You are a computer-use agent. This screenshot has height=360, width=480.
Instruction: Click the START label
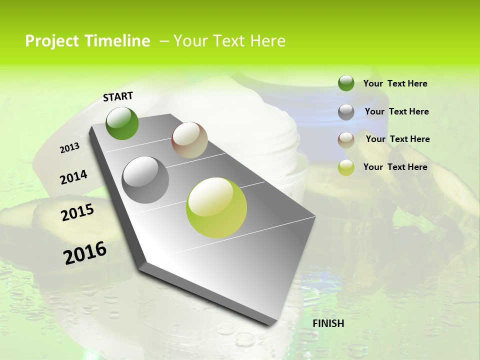pyautogui.click(x=118, y=96)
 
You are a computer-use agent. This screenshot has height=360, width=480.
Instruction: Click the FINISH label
pyautogui.click(x=328, y=323)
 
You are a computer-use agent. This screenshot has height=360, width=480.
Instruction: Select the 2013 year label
pyautogui.click(x=69, y=147)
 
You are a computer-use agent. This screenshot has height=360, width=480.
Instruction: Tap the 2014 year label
pyautogui.click(x=73, y=177)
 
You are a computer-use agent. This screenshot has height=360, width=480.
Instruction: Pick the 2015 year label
pyautogui.click(x=77, y=212)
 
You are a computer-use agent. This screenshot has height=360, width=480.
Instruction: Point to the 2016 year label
pyautogui.click(x=85, y=252)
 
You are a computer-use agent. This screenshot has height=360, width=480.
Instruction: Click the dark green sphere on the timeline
pyautogui.click(x=122, y=123)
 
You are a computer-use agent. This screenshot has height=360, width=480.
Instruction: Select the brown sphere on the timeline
pyautogui.click(x=189, y=140)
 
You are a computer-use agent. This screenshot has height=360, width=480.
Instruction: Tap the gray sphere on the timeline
pyautogui.click(x=145, y=180)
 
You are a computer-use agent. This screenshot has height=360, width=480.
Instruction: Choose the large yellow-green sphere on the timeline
pyautogui.click(x=216, y=207)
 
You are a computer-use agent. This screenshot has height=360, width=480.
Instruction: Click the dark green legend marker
pyautogui.click(x=346, y=83)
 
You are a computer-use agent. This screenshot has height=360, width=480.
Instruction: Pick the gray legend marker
pyautogui.click(x=346, y=111)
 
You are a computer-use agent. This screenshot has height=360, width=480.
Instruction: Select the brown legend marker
pyautogui.click(x=346, y=139)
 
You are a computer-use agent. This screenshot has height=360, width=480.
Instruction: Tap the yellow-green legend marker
pyautogui.click(x=346, y=167)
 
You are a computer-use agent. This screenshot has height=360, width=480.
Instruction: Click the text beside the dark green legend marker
pyautogui.click(x=395, y=83)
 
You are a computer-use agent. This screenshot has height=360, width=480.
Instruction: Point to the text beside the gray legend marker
pyautogui.click(x=396, y=111)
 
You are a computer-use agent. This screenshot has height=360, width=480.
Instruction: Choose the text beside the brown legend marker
pyautogui.click(x=397, y=139)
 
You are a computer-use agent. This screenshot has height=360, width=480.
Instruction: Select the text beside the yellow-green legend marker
pyautogui.click(x=395, y=167)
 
